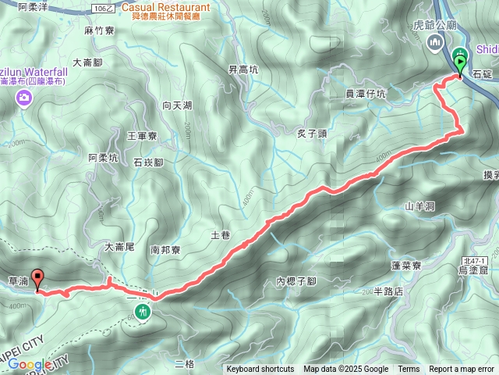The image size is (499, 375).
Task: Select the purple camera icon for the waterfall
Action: pos(25,98)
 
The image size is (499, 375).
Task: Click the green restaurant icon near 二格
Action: pos(143,312)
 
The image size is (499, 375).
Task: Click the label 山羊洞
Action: pos(419,206)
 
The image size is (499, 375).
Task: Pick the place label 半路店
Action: pos(388,291)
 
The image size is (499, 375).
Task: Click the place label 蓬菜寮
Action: pos(406,266)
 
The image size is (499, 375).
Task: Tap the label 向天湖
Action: pos(177,105)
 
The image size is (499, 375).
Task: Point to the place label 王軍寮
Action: pos(142,136)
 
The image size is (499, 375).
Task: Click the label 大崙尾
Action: pos(120,247)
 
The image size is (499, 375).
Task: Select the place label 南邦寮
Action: pos(165,250)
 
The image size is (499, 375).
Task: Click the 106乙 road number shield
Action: pos(101,8)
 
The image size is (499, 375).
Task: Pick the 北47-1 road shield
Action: pos(472,260)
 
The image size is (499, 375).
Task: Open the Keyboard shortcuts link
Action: pos(260,370)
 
